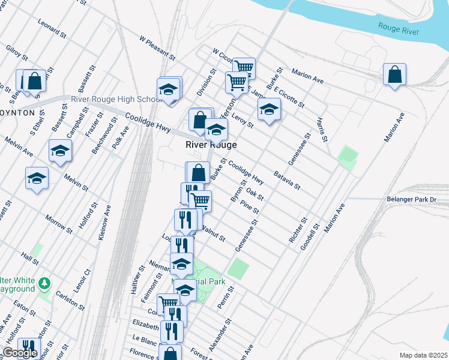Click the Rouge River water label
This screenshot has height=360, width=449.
(399, 28)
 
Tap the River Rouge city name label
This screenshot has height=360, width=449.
(211, 145)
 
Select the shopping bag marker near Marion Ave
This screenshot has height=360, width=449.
(395, 75)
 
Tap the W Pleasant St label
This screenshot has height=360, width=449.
(157, 49)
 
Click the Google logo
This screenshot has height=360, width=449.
(20, 353)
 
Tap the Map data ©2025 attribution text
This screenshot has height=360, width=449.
(423, 355)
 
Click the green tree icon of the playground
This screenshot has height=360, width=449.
(44, 283)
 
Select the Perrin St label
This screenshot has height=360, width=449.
(225, 298)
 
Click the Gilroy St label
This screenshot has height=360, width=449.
(17, 52)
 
